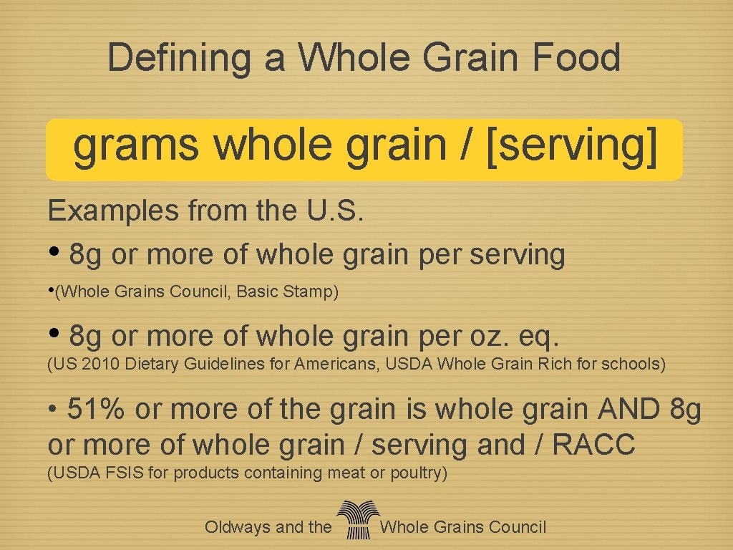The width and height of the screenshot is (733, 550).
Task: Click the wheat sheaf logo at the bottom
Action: [x=355, y=520]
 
